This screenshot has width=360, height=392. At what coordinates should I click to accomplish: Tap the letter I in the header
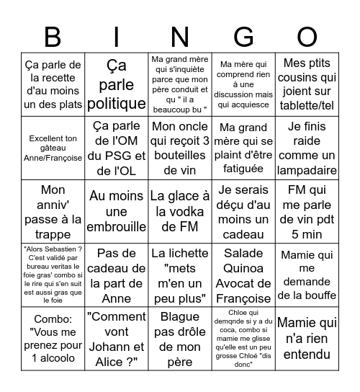point(116,36)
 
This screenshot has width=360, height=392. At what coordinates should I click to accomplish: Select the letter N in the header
point(180,36)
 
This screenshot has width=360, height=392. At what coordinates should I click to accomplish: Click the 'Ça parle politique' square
point(116,84)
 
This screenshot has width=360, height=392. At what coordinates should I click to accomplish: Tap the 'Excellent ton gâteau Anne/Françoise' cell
point(53,148)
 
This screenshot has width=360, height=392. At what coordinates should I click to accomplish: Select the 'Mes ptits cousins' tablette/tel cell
point(307,84)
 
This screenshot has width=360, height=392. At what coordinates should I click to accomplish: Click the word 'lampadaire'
point(307,171)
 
